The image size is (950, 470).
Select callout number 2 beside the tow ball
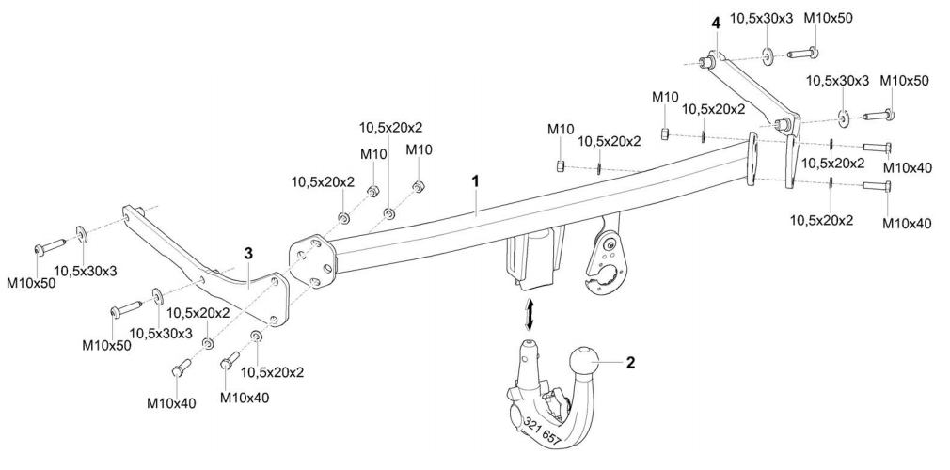(x=631, y=361)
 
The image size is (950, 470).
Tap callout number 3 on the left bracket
(x=247, y=254)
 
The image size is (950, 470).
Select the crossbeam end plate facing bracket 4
(x=752, y=159)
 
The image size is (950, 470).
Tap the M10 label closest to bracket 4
(x=665, y=98)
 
